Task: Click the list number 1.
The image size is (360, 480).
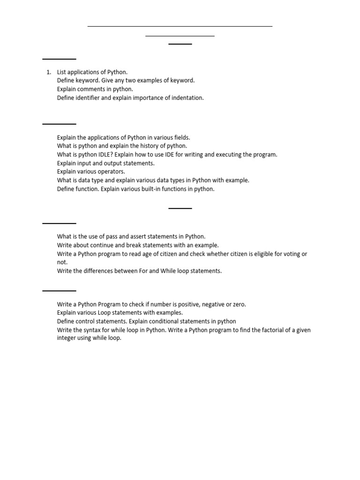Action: (48, 72)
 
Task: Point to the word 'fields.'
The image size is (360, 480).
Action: (181, 137)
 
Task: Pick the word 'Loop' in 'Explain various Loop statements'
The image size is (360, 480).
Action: (105, 313)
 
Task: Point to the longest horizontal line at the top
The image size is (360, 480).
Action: (180, 26)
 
